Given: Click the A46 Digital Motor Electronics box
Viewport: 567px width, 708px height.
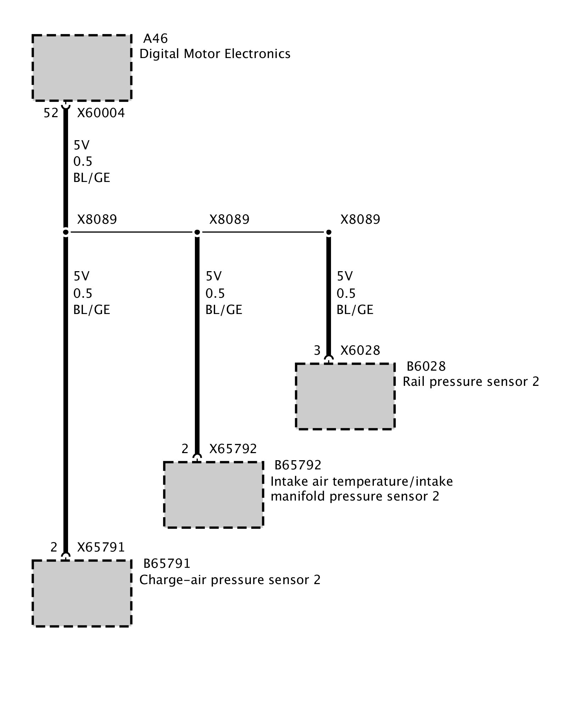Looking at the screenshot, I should click(82, 68).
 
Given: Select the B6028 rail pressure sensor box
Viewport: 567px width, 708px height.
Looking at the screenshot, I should click(345, 396).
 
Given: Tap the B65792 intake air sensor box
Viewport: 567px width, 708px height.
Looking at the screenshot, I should click(214, 495).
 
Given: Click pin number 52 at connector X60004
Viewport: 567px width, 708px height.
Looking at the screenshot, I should click(51, 113).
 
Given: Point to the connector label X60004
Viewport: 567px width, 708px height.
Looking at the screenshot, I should click(101, 113).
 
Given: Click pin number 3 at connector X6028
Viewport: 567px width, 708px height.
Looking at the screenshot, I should click(317, 350).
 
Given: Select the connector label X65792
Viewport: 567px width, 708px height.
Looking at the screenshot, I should click(233, 449).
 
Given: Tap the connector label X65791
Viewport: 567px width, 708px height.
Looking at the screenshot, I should click(101, 547).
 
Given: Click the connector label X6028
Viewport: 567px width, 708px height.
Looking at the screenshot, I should click(360, 350).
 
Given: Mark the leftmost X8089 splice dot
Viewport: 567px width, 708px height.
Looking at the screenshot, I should click(66, 232).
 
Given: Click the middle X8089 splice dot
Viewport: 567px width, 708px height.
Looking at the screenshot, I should click(197, 232).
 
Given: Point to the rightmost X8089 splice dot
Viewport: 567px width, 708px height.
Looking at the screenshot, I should click(329, 232).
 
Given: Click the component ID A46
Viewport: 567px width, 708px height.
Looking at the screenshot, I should click(155, 38).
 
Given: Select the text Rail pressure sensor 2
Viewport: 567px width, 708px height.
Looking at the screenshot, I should click(471, 382).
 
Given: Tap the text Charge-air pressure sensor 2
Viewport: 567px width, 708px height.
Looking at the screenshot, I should click(230, 580).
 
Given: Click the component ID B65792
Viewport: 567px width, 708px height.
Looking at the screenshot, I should click(298, 465).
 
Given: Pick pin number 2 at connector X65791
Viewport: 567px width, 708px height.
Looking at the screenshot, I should click(54, 547).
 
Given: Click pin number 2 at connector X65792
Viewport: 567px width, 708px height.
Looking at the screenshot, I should click(185, 449).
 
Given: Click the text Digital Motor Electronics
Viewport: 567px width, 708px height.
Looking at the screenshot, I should click(215, 54).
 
